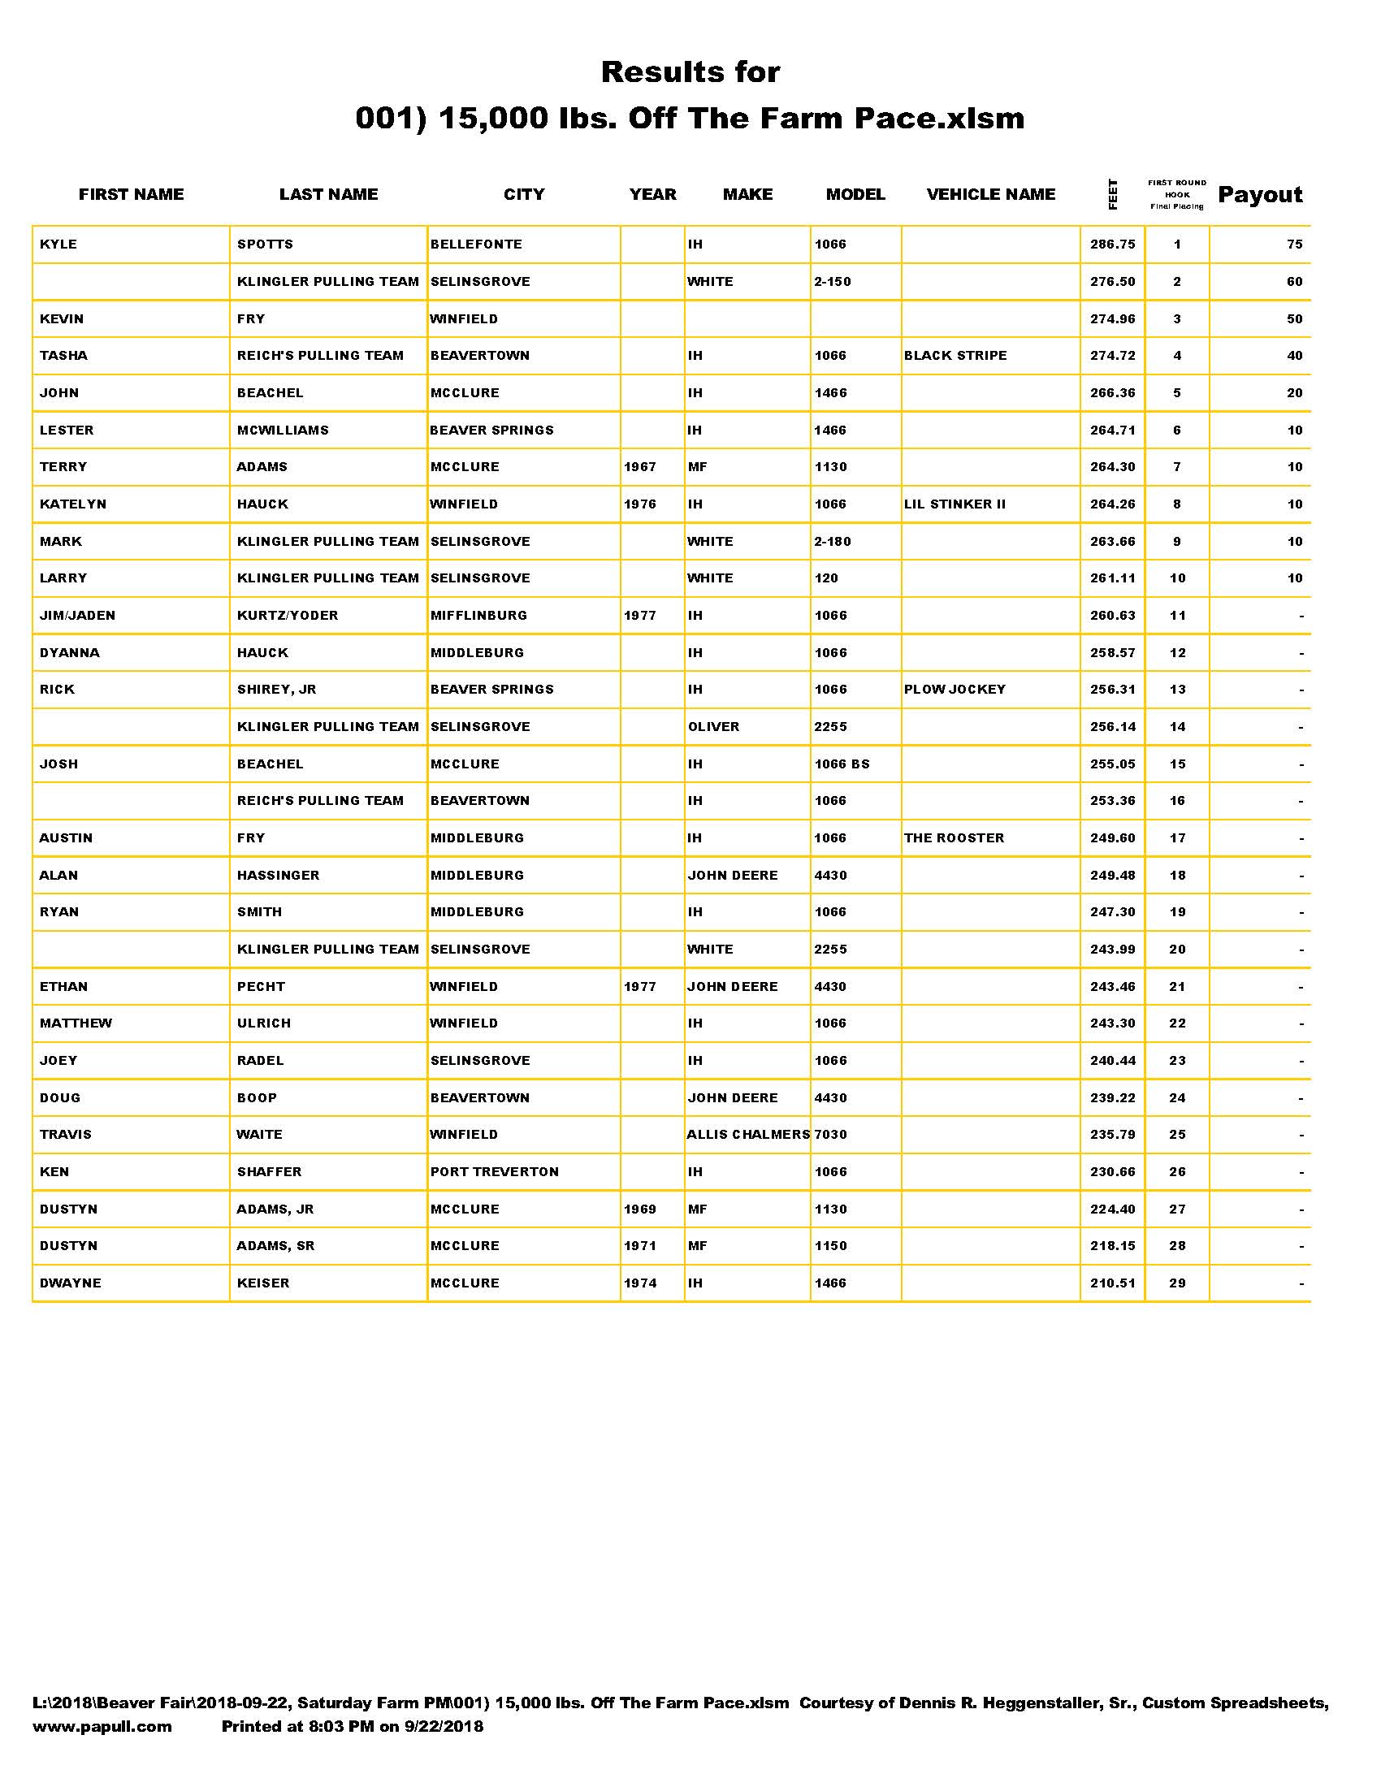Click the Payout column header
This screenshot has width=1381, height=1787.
coord(1260,195)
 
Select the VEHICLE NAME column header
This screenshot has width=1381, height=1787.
coord(991,195)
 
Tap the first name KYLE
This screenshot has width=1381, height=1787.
coord(58,244)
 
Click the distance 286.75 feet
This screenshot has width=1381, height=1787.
coord(1112,244)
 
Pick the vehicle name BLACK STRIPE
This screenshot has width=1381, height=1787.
coord(955,356)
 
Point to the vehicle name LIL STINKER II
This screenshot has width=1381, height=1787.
coord(954,504)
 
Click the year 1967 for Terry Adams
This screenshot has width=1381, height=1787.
coord(640,467)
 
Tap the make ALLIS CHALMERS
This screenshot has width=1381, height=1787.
coord(747,1135)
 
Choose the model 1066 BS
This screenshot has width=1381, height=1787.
coord(842,764)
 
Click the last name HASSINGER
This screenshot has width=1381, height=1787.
coord(277,876)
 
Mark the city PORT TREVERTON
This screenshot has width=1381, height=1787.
coord(494,1171)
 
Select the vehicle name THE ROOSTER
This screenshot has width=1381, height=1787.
coord(953,838)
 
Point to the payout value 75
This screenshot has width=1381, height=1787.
coord(1293,244)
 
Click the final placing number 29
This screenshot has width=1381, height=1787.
coord(1177,1283)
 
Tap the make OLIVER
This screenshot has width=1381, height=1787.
coord(713,727)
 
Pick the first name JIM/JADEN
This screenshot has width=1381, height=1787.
coord(77,616)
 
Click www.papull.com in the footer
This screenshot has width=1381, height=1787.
coord(102,1726)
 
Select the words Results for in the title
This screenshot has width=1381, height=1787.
coord(690,72)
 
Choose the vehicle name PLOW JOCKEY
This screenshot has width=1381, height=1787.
coord(954,690)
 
